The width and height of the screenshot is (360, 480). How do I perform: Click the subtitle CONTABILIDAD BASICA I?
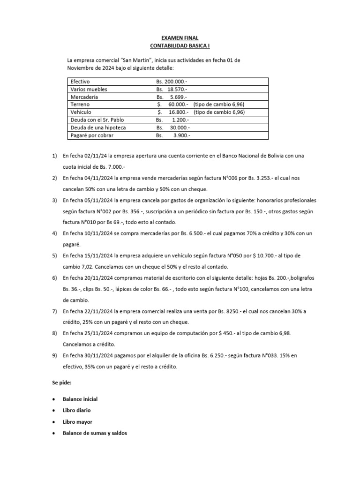coord(180,46)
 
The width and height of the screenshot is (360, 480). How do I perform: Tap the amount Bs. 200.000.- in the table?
coord(172,82)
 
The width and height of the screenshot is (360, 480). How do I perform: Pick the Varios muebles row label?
coord(89,89)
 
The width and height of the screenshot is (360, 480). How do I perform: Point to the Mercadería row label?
coord(84,97)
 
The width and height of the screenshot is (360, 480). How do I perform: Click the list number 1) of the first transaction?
coord(54,155)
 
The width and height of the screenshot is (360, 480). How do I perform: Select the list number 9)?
coord(54,356)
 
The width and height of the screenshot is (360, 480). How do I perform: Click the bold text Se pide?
coord(61,383)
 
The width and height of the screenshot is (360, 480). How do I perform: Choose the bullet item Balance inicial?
coord(80,399)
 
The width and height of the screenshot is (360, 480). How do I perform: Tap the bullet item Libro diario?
coord(76,410)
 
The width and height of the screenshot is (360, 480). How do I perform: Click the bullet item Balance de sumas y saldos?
coord(95,433)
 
